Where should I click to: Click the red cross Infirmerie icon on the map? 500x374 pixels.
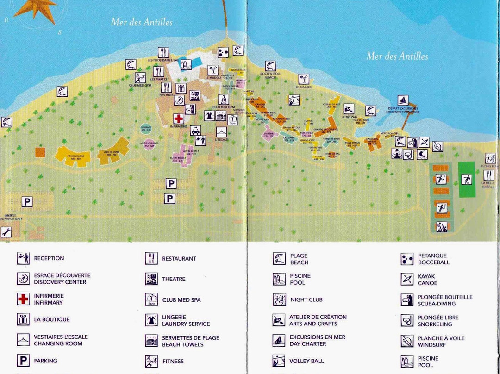[178, 118]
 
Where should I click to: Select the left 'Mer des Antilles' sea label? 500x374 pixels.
[142, 22]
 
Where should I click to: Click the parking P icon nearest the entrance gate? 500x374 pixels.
[27, 202]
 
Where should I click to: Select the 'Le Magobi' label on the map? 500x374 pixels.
[303, 87]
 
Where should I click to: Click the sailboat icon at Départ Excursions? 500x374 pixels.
[403, 100]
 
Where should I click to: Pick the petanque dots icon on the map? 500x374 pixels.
[223, 52]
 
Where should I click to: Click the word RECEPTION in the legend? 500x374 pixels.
[49, 258]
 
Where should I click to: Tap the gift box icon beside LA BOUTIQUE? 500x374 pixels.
[23, 319]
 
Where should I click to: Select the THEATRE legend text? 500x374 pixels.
[174, 279]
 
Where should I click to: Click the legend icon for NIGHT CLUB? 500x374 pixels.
[279, 299]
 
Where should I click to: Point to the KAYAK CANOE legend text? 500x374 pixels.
[427, 280]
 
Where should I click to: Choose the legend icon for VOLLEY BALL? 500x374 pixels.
[279, 361]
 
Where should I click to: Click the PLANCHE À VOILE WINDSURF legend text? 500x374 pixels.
[434, 342]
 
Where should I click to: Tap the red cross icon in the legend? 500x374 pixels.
[23, 299]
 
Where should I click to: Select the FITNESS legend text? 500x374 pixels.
[173, 361]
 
